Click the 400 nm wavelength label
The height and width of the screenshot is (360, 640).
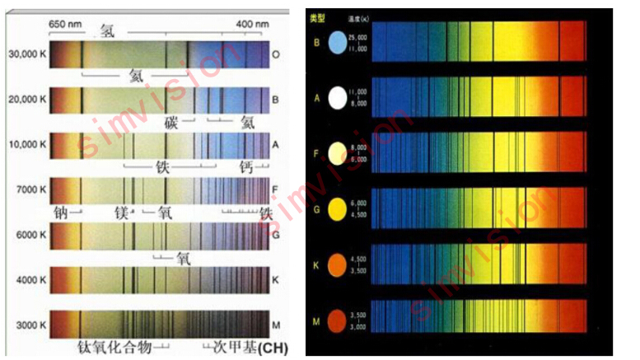pos(252,25)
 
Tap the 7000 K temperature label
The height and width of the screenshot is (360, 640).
pos(31,190)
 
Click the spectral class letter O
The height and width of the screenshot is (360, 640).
pos(276,54)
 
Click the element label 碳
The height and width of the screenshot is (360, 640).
pos(171,123)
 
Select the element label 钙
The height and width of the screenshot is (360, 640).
pos(245,167)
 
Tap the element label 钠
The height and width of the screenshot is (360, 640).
pos(61,213)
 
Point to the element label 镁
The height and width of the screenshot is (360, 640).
pos(122,213)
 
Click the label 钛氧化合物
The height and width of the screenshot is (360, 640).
pos(114,347)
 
